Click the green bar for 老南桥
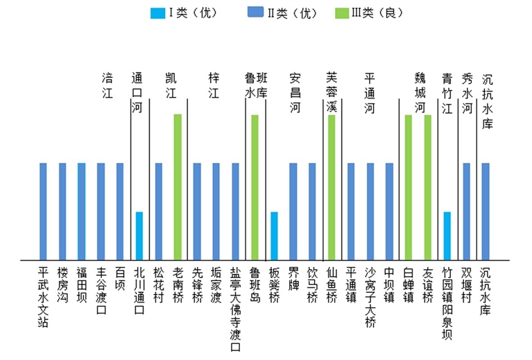(x=178, y=187)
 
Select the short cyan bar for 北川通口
(x=139, y=236)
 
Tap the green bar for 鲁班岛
(x=255, y=187)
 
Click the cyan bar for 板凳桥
(x=274, y=236)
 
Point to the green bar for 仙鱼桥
(x=332, y=187)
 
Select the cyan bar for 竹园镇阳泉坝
(x=447, y=236)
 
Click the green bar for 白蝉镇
(x=409, y=187)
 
